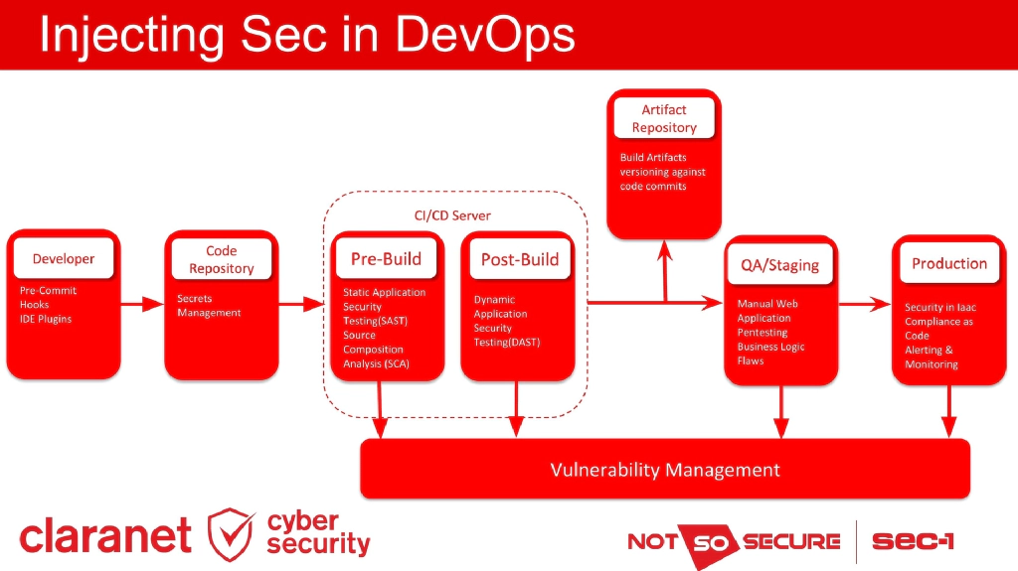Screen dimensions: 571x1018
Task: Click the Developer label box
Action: tap(63, 259)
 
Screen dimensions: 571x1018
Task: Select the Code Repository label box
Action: tap(222, 260)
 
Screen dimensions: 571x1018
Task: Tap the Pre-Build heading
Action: tap(386, 259)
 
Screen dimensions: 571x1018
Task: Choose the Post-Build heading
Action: tap(519, 260)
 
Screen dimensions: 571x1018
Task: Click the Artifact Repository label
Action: tap(664, 118)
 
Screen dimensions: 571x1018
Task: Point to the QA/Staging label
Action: tap(780, 265)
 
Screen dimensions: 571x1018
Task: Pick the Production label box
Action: tap(949, 263)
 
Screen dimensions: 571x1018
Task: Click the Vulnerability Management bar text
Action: tap(665, 470)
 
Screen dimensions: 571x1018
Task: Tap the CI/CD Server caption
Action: tap(452, 215)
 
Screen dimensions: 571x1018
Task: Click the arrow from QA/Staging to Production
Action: tap(865, 305)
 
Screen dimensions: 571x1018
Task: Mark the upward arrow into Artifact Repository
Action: tap(665, 268)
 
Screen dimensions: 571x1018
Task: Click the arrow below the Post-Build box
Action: tap(516, 408)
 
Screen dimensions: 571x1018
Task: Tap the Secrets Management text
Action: tap(209, 306)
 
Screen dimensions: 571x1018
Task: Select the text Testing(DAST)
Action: tap(506, 343)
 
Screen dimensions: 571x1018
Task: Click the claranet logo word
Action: tap(105, 536)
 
